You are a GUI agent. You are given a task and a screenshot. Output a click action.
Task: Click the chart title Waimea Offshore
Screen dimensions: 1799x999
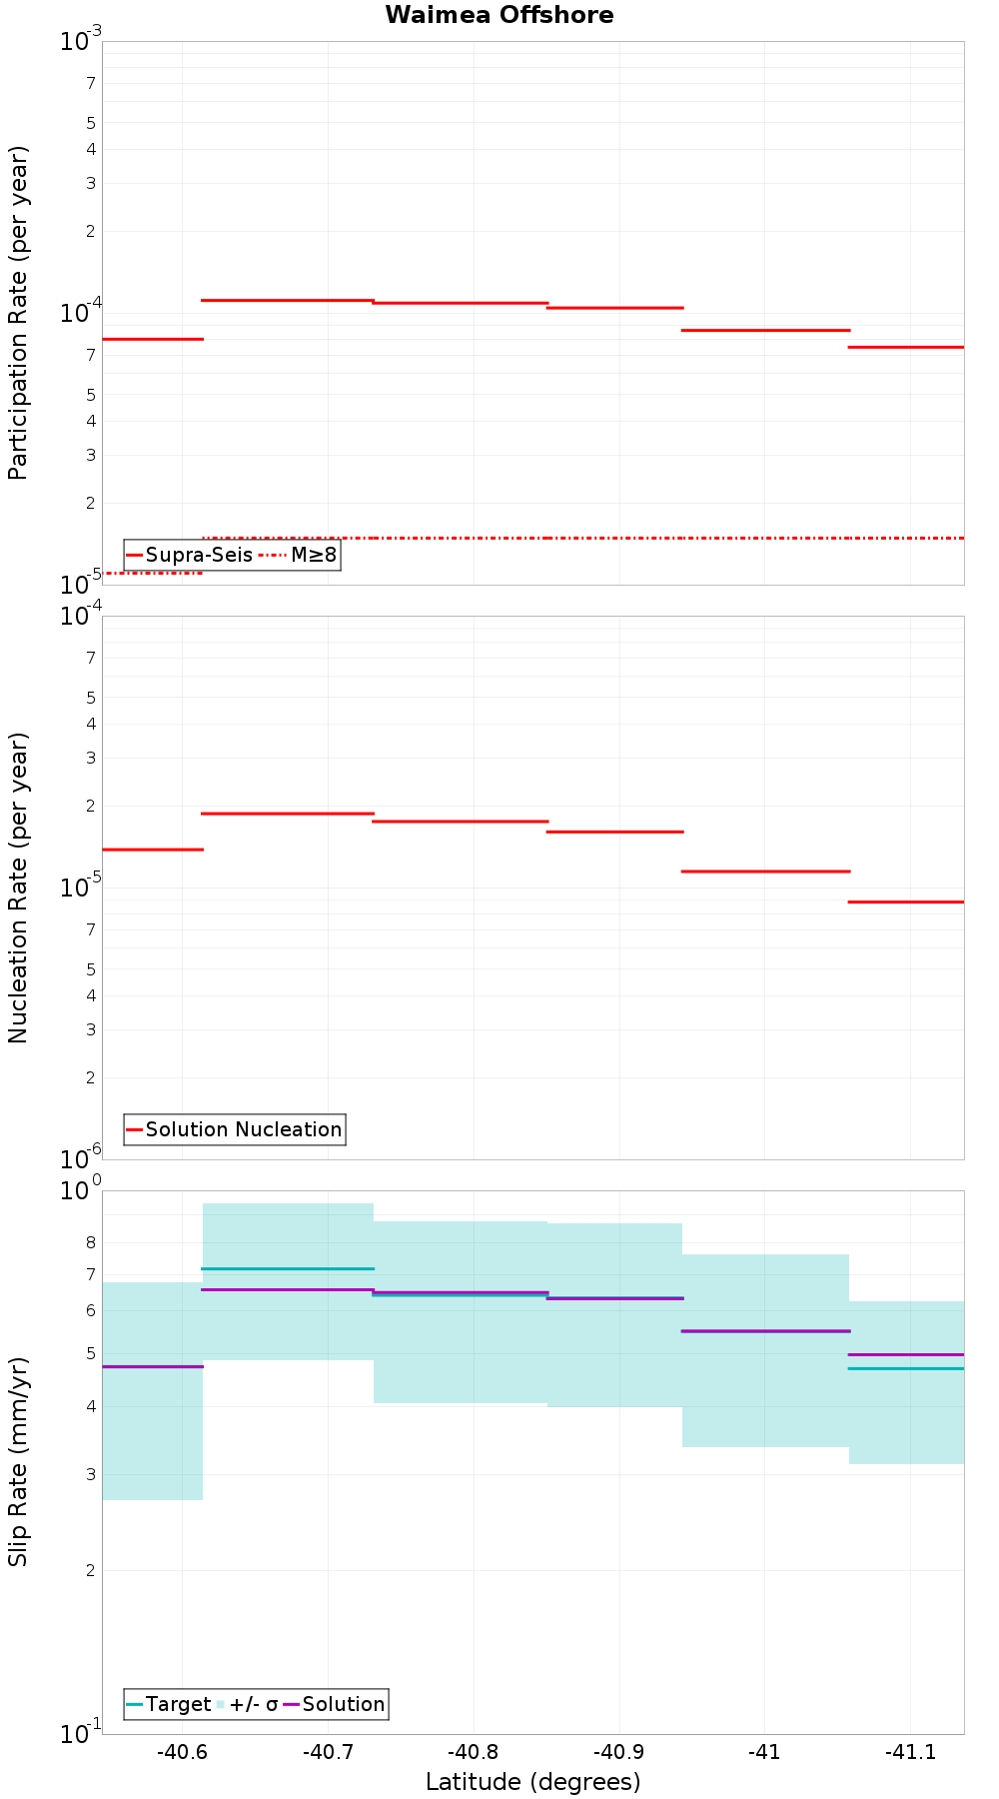click(499, 15)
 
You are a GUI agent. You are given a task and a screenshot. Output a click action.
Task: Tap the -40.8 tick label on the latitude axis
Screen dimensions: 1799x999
click(473, 1752)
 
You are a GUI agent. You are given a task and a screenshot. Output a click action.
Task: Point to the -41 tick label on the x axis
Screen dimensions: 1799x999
click(764, 1752)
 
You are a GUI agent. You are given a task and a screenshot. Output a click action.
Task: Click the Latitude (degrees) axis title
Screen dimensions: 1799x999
click(532, 1782)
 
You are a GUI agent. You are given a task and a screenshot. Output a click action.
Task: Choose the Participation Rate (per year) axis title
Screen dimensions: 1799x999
click(19, 313)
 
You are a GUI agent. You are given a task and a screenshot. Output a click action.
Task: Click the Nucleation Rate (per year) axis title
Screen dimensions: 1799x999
click(19, 888)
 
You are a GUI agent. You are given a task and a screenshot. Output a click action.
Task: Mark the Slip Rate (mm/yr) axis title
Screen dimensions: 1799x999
click(19, 1461)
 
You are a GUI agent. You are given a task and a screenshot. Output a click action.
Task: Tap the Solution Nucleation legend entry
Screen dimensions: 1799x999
click(235, 1129)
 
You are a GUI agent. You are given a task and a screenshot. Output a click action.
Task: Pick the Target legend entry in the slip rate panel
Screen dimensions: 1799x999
click(169, 1704)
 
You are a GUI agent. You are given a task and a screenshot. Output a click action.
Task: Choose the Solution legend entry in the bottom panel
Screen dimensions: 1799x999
click(335, 1704)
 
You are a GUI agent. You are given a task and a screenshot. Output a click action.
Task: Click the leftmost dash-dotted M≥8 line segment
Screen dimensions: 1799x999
click(153, 573)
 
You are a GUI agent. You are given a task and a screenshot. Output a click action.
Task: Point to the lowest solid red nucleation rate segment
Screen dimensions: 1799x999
click(906, 901)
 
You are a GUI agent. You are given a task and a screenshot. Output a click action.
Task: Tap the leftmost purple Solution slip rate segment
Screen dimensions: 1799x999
click(153, 1366)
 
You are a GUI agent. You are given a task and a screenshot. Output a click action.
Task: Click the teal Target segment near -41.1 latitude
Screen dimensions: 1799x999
click(906, 1368)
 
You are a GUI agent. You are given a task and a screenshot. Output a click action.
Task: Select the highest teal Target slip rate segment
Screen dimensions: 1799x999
click(288, 1268)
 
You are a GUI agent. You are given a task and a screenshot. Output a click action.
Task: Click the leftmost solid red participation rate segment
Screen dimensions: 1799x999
click(153, 339)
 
